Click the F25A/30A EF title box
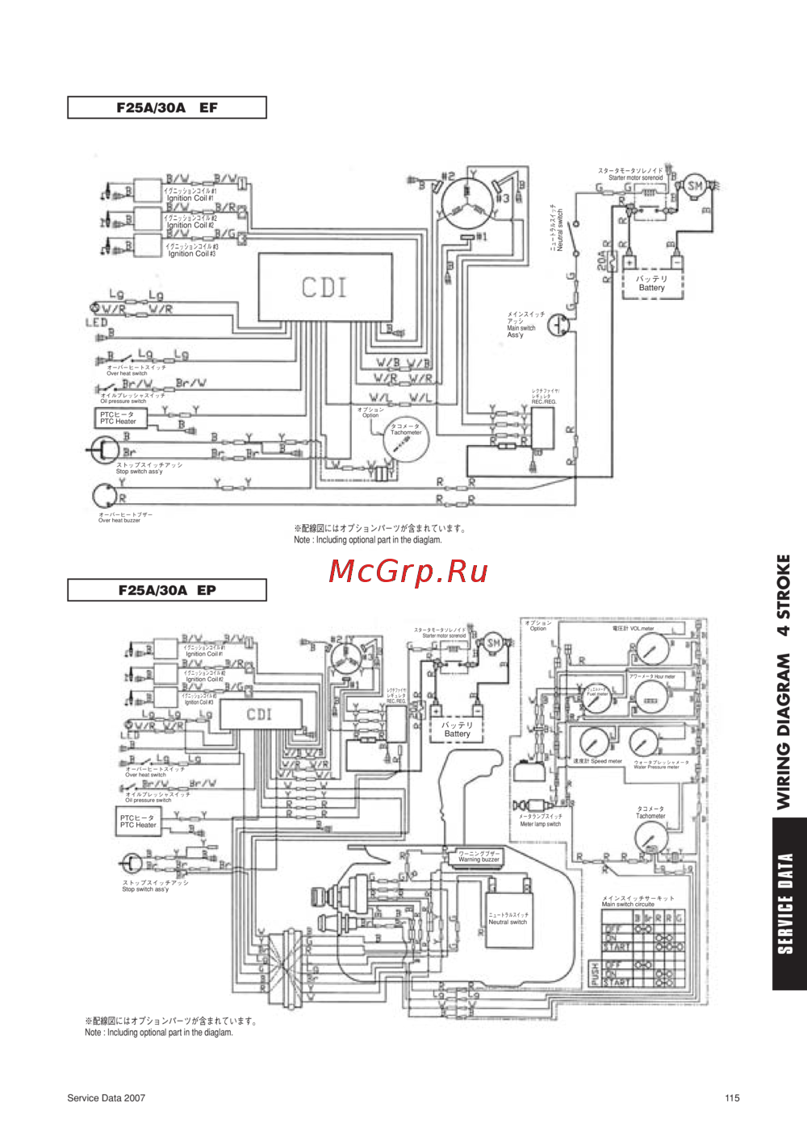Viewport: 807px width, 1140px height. pyautogui.click(x=166, y=107)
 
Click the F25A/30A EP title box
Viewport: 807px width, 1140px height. pyautogui.click(x=166, y=590)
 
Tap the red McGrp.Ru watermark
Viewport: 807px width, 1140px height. pyautogui.click(x=408, y=571)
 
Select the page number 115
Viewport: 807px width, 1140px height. pyautogui.click(x=732, y=1097)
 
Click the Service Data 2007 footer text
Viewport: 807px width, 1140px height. pyautogui.click(x=106, y=1097)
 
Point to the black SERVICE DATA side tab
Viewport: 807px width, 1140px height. pyautogui.click(x=788, y=903)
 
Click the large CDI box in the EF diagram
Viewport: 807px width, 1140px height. pyautogui.click(x=325, y=287)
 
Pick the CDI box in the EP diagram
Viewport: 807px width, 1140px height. pyautogui.click(x=261, y=714)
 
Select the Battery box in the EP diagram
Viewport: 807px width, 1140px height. pyautogui.click(x=457, y=730)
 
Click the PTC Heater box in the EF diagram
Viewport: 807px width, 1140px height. pyautogui.click(x=119, y=418)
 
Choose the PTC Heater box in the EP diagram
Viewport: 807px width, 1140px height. pyautogui.click(x=138, y=821)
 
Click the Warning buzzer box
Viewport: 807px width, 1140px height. pyautogui.click(x=479, y=857)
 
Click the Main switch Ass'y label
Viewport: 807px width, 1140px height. pyautogui.click(x=522, y=325)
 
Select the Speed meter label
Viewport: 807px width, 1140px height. pyautogui.click(x=598, y=761)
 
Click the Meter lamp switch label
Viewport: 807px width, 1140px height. pyautogui.click(x=540, y=821)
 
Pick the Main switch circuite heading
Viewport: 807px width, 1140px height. pyautogui.click(x=629, y=901)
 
